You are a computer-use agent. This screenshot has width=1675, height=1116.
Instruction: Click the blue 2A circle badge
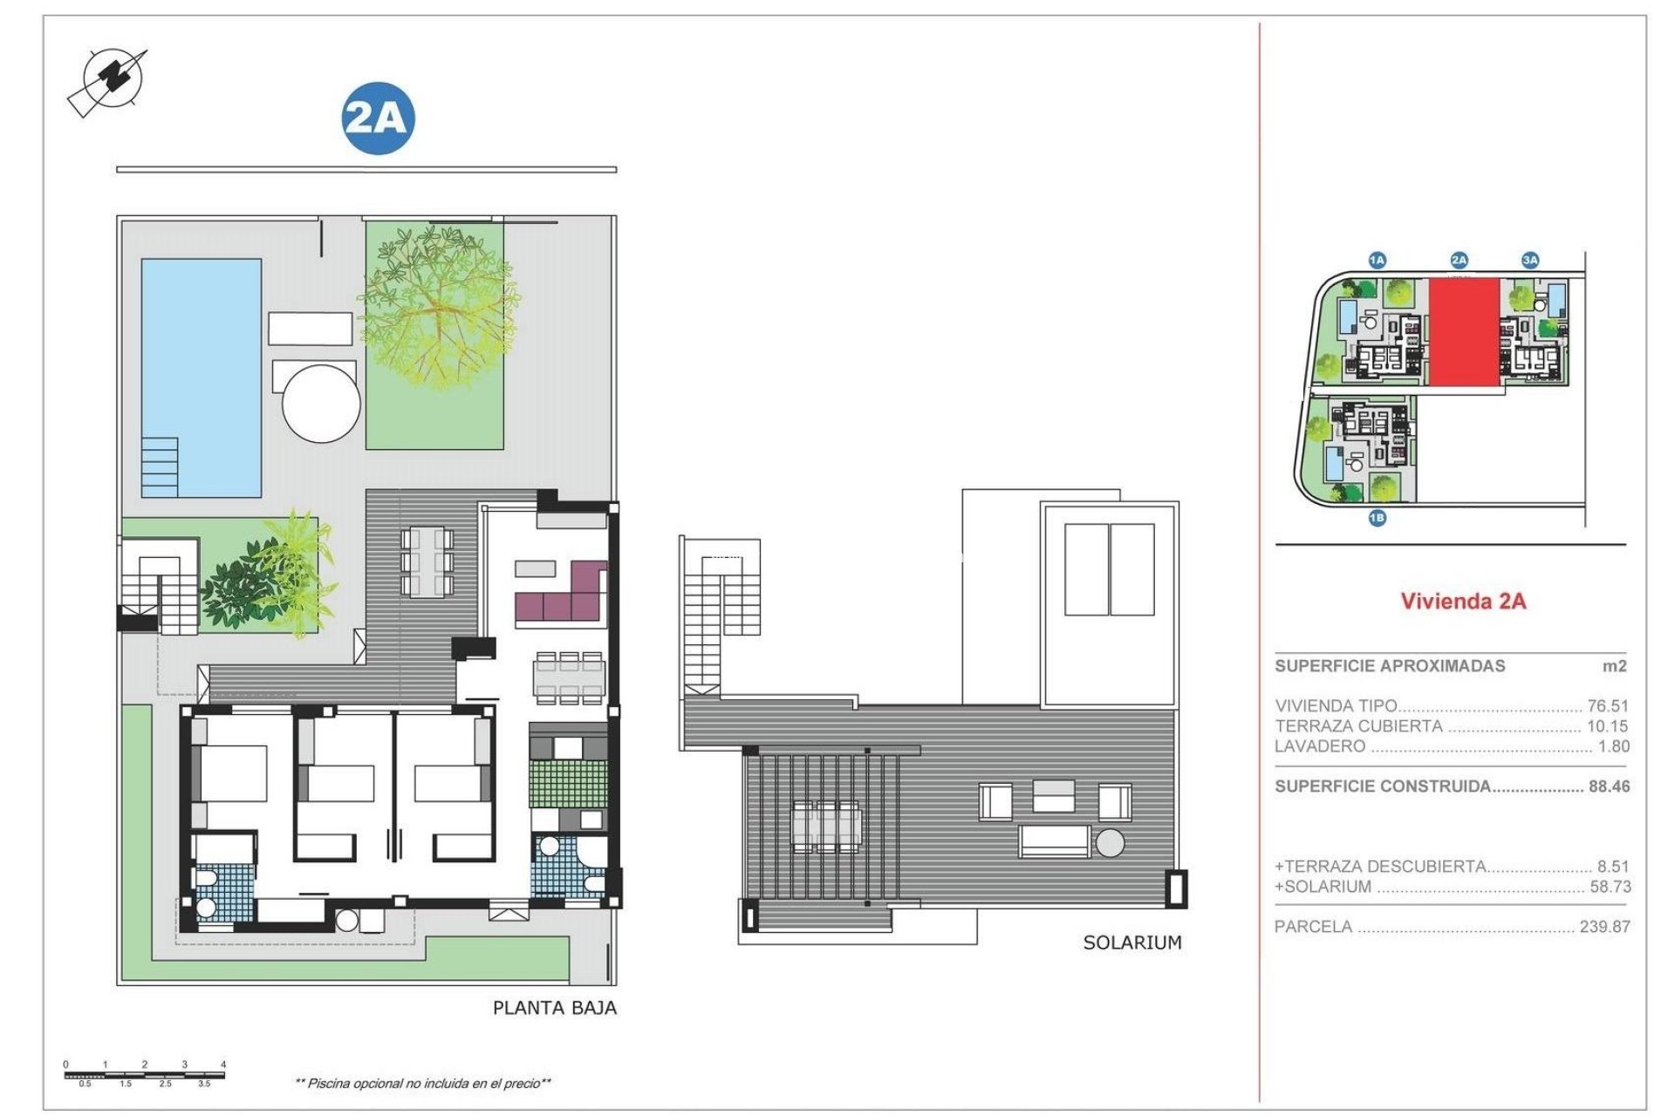pos(377,119)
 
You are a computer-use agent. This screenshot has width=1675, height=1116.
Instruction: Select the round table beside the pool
pos(321,404)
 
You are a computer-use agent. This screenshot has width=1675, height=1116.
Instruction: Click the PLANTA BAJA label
pos(554,1008)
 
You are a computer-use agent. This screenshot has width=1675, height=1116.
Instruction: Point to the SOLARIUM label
pos(1131,942)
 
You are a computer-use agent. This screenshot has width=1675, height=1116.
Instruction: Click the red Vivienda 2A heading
pos(1463,601)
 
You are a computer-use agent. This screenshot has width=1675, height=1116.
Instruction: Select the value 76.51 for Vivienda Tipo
pos(1607,706)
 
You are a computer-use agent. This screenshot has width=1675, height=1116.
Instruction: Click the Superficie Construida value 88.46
pos(1608,786)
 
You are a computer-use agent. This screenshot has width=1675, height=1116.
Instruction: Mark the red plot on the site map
pos(1464,332)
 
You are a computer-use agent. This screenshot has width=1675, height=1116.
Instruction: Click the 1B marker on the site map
pos(1377,518)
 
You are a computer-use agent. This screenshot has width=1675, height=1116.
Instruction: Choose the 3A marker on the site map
pos(1530,260)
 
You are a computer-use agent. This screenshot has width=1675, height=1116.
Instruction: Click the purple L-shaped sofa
pos(563,598)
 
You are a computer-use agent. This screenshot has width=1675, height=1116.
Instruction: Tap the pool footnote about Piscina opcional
pos(423,1084)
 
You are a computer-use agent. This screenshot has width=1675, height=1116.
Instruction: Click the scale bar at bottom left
pos(145,1074)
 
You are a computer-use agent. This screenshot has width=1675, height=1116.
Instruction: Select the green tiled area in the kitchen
pos(568,785)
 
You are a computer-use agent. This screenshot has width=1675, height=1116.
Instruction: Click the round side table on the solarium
pos(1111,843)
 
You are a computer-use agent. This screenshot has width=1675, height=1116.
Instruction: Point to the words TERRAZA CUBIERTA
pos(1358,726)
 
